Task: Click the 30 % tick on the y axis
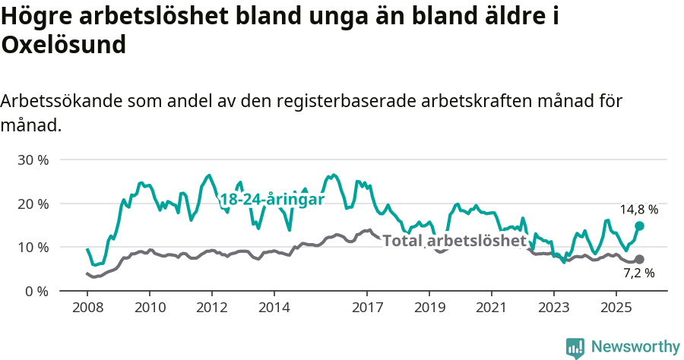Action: point(33,160)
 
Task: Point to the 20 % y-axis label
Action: point(33,204)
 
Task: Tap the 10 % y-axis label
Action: point(33,247)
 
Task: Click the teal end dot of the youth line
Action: point(639,226)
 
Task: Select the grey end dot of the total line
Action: point(639,259)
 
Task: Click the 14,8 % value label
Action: point(639,209)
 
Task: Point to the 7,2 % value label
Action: point(639,273)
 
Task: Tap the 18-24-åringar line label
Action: point(272,200)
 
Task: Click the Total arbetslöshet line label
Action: point(454,242)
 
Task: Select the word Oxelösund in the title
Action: point(63,46)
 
